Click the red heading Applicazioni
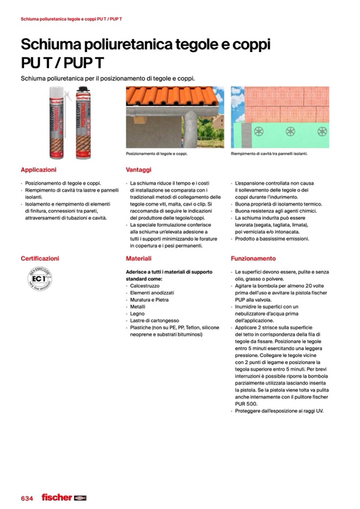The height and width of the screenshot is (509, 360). pos(38,170)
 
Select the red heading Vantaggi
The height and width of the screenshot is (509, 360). pos(139,170)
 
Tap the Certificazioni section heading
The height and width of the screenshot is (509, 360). pos(40,258)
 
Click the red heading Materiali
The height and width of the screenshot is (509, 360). pos(139,258)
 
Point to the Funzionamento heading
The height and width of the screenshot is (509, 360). pos(253,258)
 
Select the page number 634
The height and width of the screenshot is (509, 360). pos(27,498)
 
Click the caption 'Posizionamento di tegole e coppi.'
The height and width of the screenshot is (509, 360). pos(157,154)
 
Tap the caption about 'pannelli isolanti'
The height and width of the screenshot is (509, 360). pos(269,154)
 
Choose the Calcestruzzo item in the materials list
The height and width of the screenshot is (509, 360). pos(144,286)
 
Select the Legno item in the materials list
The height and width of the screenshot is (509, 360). pos(138,314)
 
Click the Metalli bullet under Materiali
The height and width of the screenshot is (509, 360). pos(139,307)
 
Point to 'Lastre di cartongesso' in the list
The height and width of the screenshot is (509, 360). pos(155,321)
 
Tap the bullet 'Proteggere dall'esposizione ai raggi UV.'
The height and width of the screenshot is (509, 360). pos(279,411)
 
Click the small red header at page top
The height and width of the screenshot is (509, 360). pos(72,20)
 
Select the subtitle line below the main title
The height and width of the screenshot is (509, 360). pos(108,79)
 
